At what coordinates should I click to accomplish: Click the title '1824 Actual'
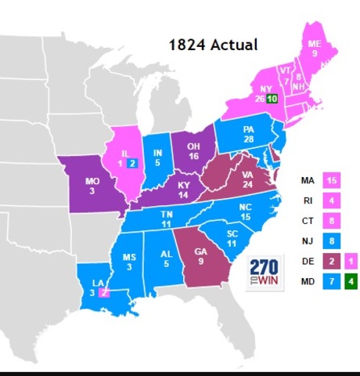213,44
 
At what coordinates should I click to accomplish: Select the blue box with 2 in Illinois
133,163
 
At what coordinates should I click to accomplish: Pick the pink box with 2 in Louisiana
103,293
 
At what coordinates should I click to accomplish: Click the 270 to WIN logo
265,270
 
